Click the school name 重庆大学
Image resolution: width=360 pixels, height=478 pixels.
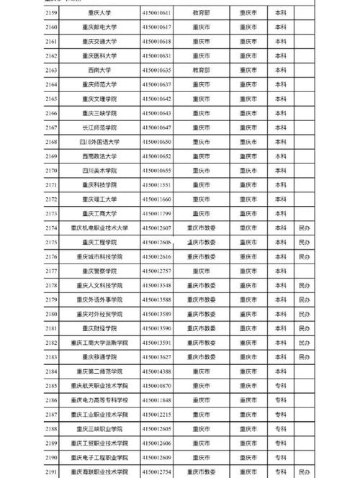coord(99,13)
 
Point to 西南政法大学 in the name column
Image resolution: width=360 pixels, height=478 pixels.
coord(99,156)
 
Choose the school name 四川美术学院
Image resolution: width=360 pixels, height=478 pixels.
coord(99,170)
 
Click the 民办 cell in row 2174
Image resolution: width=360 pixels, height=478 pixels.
coord(305,227)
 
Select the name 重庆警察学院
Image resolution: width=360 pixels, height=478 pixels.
coord(99,270)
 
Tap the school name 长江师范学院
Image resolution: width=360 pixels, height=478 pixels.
coord(99,127)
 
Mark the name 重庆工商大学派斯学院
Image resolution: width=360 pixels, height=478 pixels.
coord(99,342)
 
